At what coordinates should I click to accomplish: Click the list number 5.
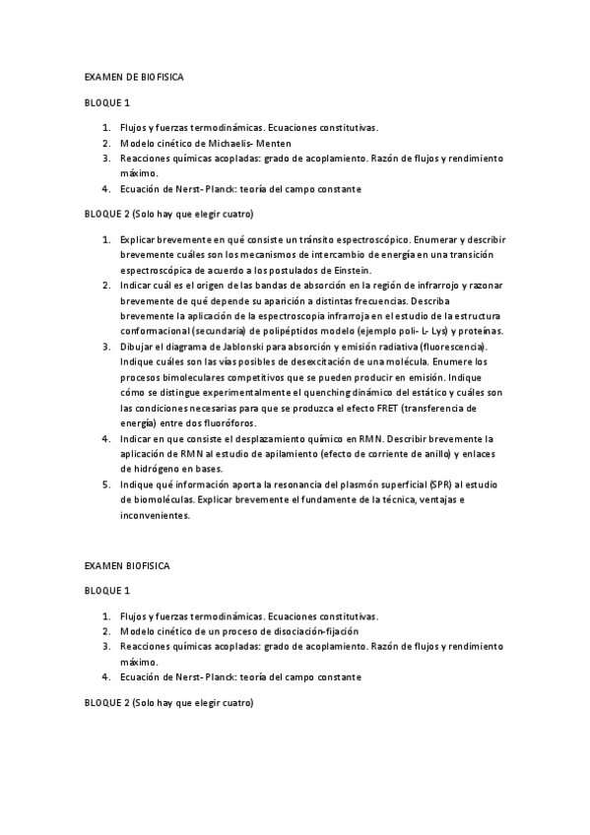(106, 484)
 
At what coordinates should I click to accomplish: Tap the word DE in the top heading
(127, 76)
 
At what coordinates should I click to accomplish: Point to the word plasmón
(349, 484)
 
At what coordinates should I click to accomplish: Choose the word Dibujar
(137, 348)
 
